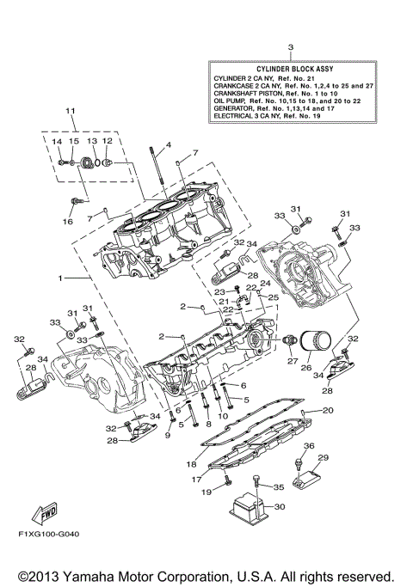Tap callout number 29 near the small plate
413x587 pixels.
[324, 457]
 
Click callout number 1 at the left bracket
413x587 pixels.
[59, 279]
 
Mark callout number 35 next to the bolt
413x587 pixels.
[278, 487]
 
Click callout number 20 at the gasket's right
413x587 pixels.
[328, 411]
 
